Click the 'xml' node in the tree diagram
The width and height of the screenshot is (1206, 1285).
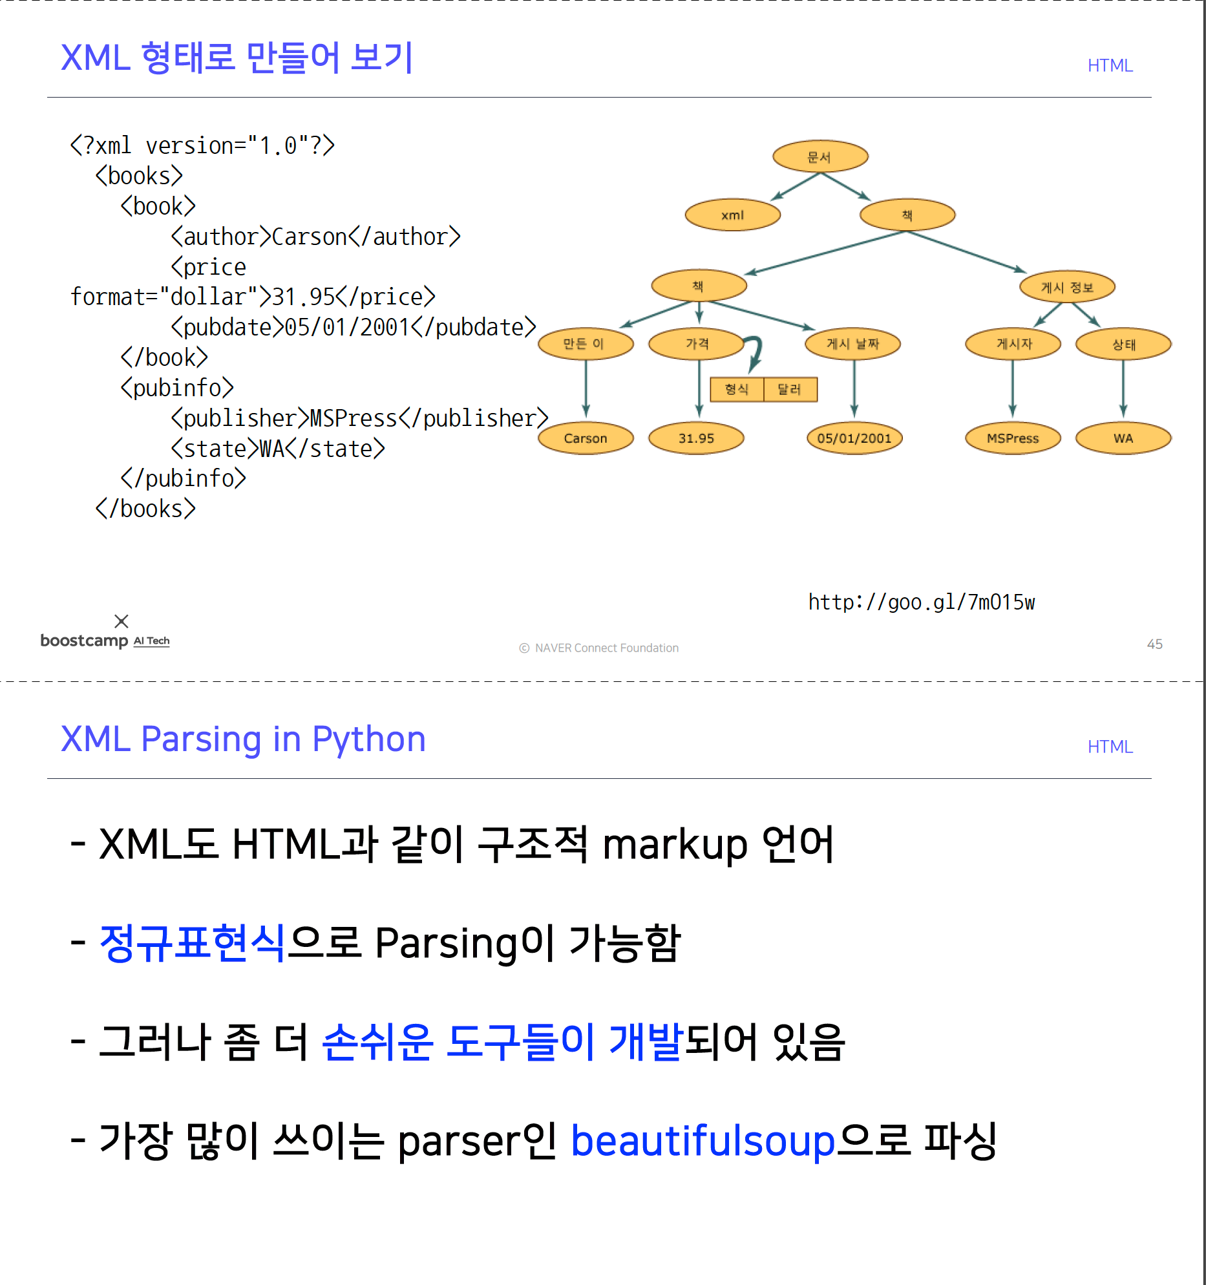point(732,215)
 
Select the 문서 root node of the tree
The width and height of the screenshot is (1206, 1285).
point(820,156)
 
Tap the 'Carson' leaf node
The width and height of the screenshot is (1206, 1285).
point(586,438)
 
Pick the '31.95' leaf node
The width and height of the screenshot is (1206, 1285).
point(696,438)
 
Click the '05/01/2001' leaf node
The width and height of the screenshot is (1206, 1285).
point(854,438)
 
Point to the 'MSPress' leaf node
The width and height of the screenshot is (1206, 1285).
point(1012,438)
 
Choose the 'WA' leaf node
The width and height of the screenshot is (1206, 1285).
point(1123,438)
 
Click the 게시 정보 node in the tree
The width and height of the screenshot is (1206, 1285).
point(1067,287)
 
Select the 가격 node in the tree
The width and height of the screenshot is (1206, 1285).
point(697,343)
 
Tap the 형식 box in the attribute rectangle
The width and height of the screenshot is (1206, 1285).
point(737,389)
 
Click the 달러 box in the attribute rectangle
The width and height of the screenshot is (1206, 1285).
point(790,389)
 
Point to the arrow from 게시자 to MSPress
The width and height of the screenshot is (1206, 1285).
point(1013,388)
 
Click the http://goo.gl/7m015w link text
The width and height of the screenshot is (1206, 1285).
point(921,602)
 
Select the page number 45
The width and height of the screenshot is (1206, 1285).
point(1154,644)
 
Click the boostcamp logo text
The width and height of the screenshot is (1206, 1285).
point(85,640)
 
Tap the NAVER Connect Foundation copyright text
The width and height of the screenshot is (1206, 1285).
point(606,648)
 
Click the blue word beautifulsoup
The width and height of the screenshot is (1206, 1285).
point(703,1141)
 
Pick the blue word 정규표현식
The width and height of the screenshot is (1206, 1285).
point(193,943)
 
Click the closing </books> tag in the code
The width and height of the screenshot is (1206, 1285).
point(145,509)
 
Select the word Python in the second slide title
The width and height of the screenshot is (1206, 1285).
point(368,739)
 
